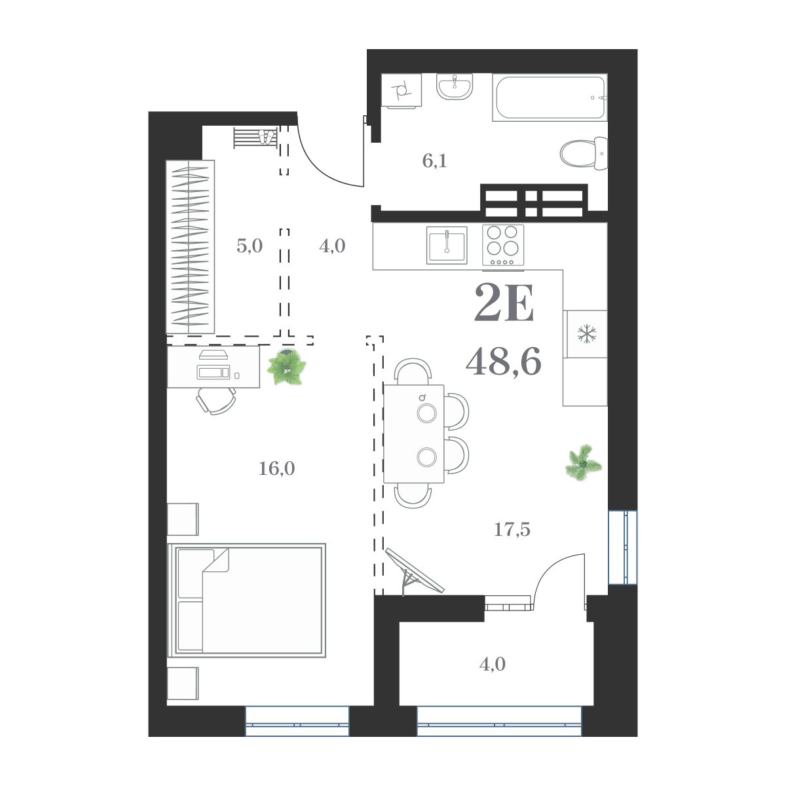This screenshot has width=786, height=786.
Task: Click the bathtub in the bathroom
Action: (x=550, y=98)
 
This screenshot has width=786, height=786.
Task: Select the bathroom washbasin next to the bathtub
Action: (x=454, y=86)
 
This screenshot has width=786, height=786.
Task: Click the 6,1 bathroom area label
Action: (x=434, y=161)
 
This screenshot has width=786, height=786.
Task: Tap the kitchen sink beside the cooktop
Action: (x=447, y=245)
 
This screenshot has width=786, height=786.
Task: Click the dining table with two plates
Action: (x=414, y=434)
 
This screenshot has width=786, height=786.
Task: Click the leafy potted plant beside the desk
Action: (x=286, y=367)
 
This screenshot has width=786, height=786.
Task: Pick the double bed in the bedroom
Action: (x=247, y=599)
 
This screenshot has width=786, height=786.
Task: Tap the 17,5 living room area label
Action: (x=512, y=529)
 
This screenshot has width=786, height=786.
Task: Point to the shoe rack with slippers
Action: (x=255, y=138)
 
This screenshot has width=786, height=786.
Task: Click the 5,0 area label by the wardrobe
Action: (x=249, y=246)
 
